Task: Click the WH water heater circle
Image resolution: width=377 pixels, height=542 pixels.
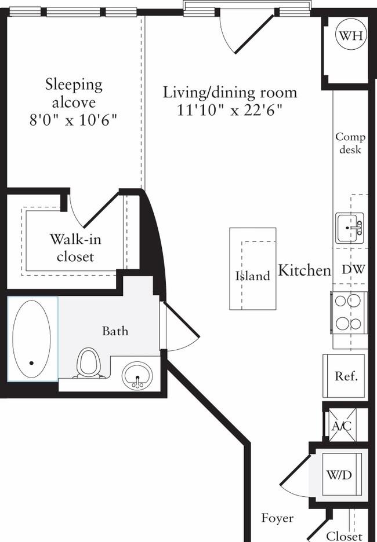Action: click(x=351, y=35)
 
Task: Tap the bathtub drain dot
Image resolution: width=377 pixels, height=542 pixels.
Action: click(x=31, y=363)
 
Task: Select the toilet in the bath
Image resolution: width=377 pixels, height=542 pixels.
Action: click(x=88, y=363)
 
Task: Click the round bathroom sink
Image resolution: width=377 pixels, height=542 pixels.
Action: click(x=137, y=376)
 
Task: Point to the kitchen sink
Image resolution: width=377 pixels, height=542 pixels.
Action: click(x=349, y=228)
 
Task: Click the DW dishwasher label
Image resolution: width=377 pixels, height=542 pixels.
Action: click(x=353, y=269)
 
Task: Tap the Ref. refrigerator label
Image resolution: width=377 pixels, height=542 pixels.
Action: click(x=346, y=376)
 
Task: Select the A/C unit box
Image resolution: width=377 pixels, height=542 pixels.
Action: click(x=342, y=426)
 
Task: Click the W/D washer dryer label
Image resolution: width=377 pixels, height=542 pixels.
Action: click(x=339, y=475)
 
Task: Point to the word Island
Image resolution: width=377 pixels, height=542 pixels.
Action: click(x=253, y=276)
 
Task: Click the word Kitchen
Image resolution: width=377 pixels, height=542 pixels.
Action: click(x=304, y=270)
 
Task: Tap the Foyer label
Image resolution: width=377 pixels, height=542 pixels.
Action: click(x=277, y=518)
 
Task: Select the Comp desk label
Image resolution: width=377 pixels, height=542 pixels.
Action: click(x=350, y=143)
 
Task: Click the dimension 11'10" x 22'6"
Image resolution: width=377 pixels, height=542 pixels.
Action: click(x=230, y=111)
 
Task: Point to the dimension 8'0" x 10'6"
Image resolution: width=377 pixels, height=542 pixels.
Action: click(x=73, y=120)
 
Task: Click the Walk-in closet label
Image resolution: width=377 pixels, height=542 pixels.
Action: click(x=75, y=248)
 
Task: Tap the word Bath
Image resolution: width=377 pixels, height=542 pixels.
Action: click(x=115, y=331)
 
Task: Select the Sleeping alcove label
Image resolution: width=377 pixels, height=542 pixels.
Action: click(x=74, y=94)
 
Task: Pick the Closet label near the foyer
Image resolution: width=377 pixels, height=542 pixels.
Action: click(x=345, y=536)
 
